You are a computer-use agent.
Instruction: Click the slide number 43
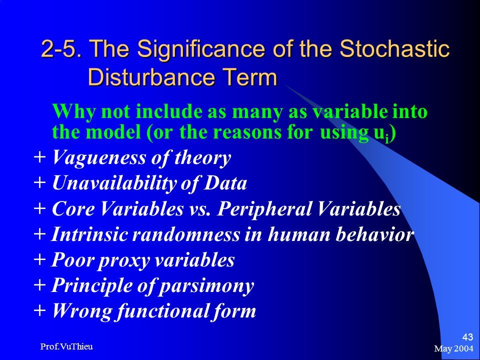[x=467, y=337]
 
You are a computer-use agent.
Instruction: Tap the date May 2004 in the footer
[x=453, y=348]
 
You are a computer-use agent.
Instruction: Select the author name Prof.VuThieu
[x=66, y=346]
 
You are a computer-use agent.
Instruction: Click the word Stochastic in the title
[x=394, y=48]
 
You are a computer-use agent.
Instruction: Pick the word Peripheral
[x=264, y=209]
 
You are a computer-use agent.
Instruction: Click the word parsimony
[x=207, y=286]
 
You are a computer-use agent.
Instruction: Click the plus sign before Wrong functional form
[x=40, y=310]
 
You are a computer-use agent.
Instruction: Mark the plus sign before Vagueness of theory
[x=40, y=157]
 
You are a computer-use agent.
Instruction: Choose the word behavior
[x=374, y=234]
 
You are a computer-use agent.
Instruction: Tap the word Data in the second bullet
[x=225, y=183]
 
